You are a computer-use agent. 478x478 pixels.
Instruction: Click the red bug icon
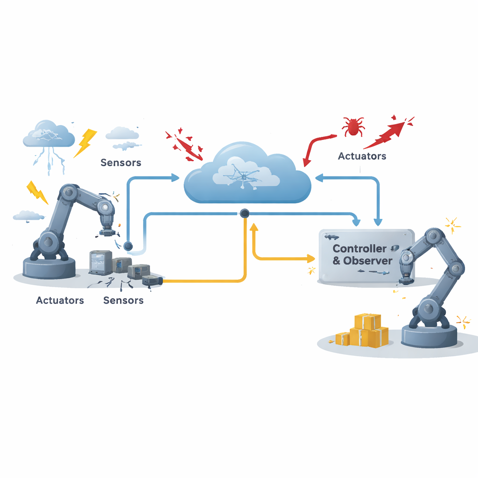click(353, 126)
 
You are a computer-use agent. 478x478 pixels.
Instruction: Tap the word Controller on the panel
click(359, 248)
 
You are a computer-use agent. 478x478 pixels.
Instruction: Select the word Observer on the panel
click(368, 260)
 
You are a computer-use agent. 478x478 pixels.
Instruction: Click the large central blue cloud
click(247, 174)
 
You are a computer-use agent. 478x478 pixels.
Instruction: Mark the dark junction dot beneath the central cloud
click(245, 213)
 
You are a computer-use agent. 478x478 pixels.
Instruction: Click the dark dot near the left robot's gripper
click(128, 246)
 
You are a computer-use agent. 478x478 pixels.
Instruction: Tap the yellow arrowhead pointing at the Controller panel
click(311, 259)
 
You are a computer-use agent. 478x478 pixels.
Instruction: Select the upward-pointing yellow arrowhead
click(253, 227)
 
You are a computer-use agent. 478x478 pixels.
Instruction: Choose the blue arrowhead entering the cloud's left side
click(176, 177)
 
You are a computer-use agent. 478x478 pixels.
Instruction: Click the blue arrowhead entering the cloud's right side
click(319, 178)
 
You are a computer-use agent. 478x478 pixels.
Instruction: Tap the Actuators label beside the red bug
click(362, 156)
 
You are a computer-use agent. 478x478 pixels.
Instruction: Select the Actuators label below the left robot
click(60, 300)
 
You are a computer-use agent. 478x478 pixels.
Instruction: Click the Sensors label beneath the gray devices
click(123, 300)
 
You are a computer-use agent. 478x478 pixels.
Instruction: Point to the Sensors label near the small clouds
click(121, 162)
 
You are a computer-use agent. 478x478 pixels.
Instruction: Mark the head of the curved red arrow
click(306, 162)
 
